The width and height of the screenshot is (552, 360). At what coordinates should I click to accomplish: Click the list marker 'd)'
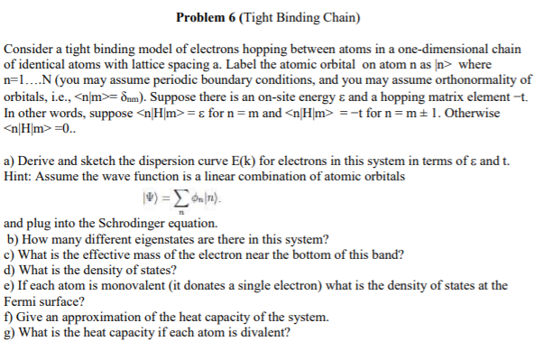(11, 266)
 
